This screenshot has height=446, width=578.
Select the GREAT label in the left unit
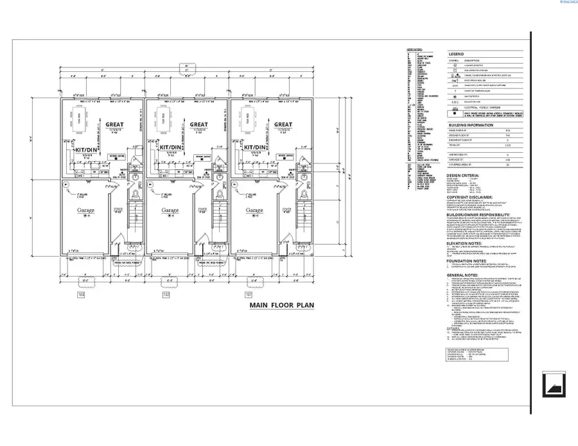pos(115,124)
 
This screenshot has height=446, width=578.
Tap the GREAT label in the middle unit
pos(199,124)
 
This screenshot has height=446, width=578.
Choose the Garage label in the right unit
pos(254,210)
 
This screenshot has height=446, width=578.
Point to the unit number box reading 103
pos(82,295)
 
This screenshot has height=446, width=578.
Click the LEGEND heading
pos(455,54)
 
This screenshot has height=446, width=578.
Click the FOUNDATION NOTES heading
pos(468,260)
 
